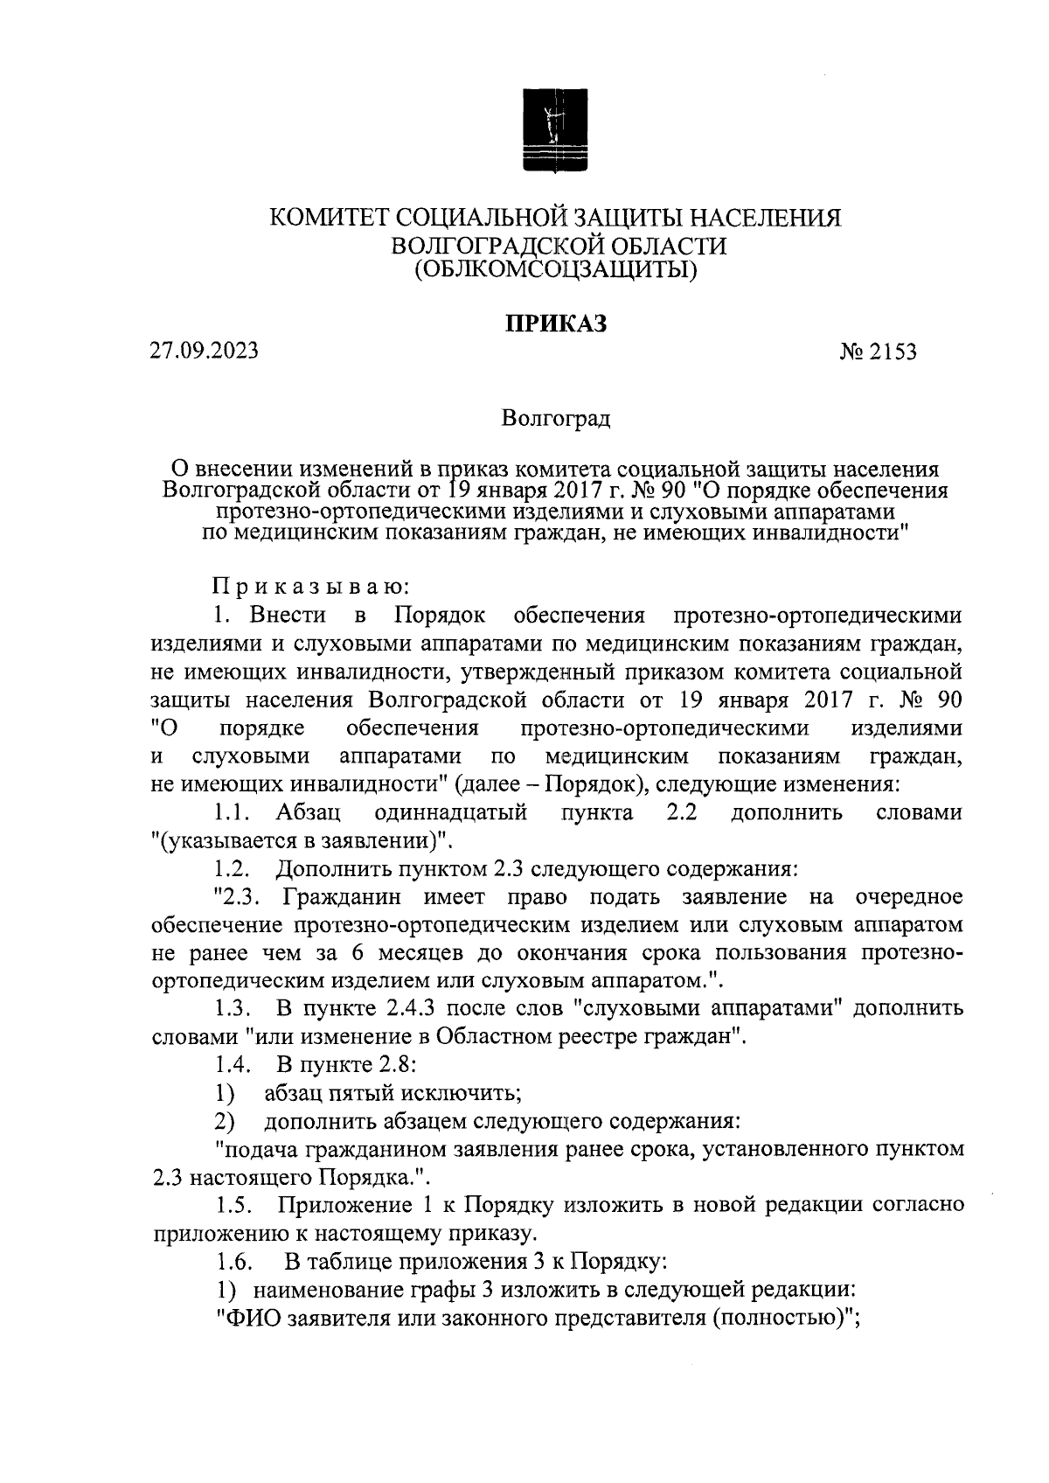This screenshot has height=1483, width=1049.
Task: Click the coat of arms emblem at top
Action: pyautogui.click(x=555, y=129)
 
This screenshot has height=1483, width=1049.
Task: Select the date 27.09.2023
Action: pyautogui.click(x=203, y=352)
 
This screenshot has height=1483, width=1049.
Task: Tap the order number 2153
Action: pyautogui.click(x=892, y=353)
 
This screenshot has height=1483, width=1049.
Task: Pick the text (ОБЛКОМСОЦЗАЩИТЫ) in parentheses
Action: pyautogui.click(x=556, y=270)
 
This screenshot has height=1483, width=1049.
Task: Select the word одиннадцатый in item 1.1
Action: pyautogui.click(x=450, y=813)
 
